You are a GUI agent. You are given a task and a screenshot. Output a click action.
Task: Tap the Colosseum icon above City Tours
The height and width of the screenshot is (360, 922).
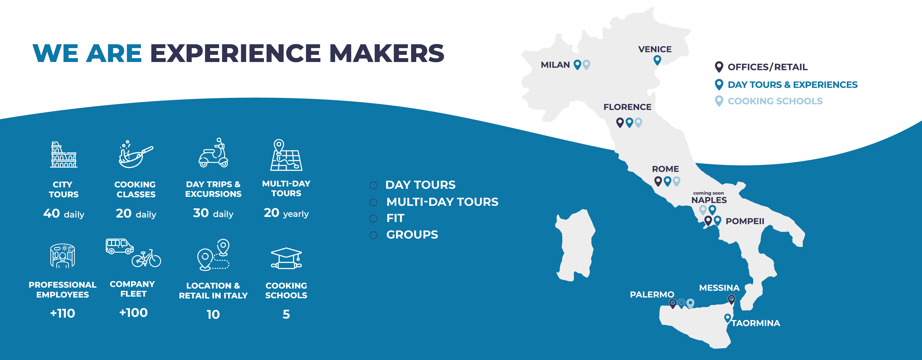pyautogui.click(x=64, y=155)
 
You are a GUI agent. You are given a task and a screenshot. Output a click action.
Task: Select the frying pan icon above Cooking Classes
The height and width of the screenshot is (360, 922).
pyautogui.click(x=135, y=155)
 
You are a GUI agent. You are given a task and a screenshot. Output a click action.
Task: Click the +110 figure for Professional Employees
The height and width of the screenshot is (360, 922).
pyautogui.click(x=63, y=313)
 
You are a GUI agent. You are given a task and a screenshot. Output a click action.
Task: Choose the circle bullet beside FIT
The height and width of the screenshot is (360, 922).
pyautogui.click(x=373, y=218)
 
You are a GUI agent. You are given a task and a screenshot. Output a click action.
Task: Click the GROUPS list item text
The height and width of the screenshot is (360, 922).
pyautogui.click(x=412, y=235)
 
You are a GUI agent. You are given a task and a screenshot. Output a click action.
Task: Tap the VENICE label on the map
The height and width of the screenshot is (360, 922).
pyautogui.click(x=655, y=49)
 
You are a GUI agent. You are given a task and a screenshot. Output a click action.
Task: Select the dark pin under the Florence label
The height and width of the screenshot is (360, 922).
pyautogui.click(x=620, y=122)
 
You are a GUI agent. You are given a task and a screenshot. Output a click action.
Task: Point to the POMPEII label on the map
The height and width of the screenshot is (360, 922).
pyautogui.click(x=745, y=221)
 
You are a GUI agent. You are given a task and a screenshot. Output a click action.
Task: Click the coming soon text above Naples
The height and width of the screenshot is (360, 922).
pyautogui.click(x=708, y=193)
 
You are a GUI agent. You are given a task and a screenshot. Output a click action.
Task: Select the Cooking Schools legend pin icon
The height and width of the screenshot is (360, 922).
pyautogui.click(x=719, y=101)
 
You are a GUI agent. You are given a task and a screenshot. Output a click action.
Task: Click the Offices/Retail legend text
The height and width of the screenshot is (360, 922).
pyautogui.click(x=767, y=67)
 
